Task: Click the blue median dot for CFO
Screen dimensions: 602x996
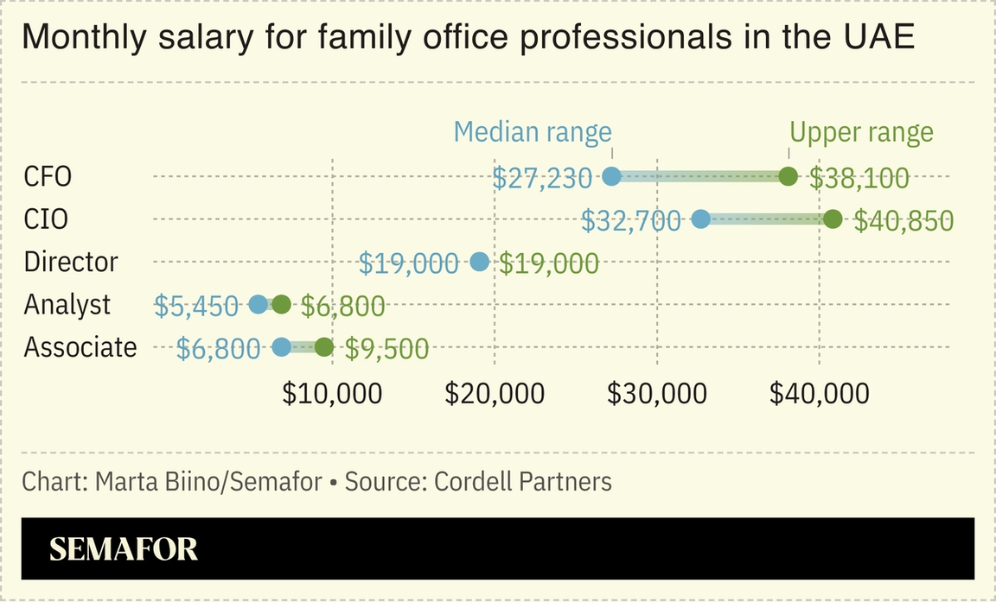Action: pos(611,177)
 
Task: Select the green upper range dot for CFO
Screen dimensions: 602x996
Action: pos(788,177)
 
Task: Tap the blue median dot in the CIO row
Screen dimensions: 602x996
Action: pos(700,219)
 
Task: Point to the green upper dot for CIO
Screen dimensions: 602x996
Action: pos(833,219)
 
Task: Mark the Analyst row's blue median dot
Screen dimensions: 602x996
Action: pos(258,304)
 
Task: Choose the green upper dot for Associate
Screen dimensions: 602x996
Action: pos(323,347)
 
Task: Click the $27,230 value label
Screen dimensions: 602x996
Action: pos(542,178)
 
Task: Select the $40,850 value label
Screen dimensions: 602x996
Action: pos(903,221)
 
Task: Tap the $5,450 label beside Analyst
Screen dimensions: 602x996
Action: pos(195,306)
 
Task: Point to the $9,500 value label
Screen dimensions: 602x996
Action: pos(386,349)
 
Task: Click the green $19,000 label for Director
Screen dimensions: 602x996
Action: pos(549,263)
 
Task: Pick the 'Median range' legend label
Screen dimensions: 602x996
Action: pos(533,132)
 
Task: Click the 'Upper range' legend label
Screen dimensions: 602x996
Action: pos(861,132)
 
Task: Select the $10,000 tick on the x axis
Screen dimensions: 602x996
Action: pos(332,394)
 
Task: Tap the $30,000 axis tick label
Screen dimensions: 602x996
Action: pos(657,394)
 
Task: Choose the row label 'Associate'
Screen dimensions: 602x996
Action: pos(80,347)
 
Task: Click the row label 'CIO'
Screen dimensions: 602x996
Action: pos(46,219)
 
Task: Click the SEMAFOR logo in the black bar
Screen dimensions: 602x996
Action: pos(124,549)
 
